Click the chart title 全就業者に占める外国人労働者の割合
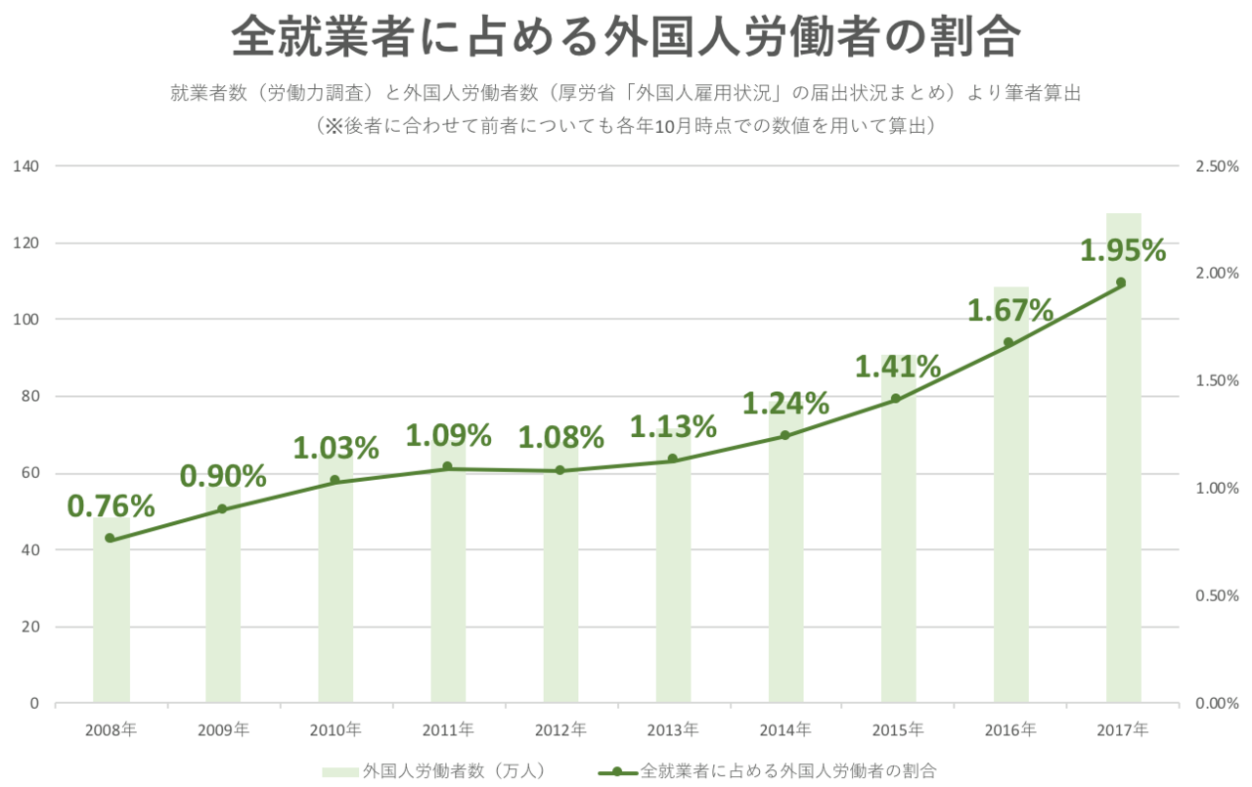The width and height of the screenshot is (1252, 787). (x=626, y=39)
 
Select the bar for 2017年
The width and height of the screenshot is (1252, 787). (x=1124, y=489)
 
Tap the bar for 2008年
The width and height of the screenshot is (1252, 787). (x=111, y=626)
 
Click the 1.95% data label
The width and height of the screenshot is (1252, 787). (x=1123, y=251)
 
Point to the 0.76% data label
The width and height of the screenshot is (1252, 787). (x=111, y=506)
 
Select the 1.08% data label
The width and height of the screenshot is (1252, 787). (x=560, y=435)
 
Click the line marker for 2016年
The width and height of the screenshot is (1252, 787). (x=1008, y=342)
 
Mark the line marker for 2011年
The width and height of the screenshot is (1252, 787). (x=448, y=466)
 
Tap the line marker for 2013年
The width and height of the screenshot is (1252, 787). (x=673, y=459)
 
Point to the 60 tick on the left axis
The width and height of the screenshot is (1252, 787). (x=30, y=473)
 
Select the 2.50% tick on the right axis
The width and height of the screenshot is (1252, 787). (x=1217, y=166)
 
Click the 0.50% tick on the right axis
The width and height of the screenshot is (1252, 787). (x=1217, y=595)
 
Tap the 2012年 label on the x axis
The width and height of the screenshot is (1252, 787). (x=560, y=729)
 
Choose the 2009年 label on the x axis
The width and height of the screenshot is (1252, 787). (x=223, y=729)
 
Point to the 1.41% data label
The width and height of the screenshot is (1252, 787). (x=898, y=368)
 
